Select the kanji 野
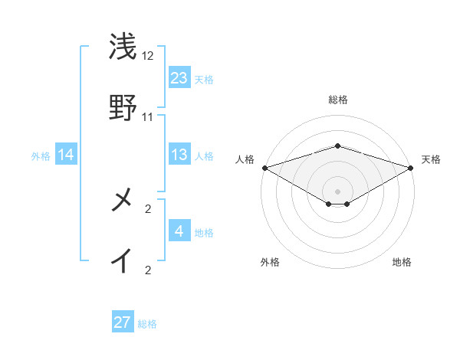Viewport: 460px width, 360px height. pos(123,108)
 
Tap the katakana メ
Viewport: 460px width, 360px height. pos(123,201)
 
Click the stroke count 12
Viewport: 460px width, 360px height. pos(148,56)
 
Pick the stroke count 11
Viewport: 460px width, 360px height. pos(148,117)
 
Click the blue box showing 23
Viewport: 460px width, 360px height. pos(179,78)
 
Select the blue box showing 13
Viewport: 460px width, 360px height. pos(179,155)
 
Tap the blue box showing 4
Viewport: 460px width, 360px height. pos(179,231)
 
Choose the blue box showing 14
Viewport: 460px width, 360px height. pos(66,155)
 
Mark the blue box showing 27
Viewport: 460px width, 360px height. pos(123,322)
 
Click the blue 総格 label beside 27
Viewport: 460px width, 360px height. pos(147,324)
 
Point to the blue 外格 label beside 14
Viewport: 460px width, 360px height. pos(41,156)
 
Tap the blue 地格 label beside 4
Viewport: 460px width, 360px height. pos(204,233)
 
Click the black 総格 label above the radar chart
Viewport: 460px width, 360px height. pos(337,100)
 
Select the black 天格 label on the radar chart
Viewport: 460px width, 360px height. pos(432,159)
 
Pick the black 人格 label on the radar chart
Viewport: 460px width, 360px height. pos(245,159)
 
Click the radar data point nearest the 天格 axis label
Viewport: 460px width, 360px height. pos(412,167)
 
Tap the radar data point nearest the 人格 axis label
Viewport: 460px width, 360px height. pos(264,167)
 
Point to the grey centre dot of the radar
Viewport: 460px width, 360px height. pos(338,191)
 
